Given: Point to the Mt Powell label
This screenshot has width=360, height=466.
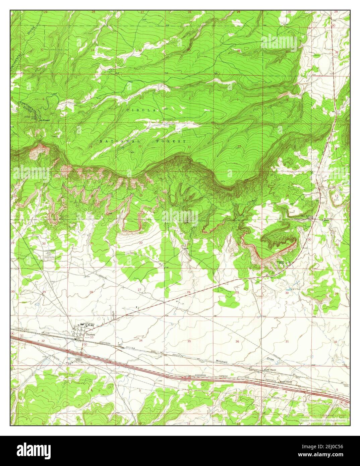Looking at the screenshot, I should pos(45,120).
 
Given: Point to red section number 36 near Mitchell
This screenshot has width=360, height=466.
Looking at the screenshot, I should pos(238,341).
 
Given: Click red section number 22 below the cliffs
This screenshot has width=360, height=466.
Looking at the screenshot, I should pos(141,243).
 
